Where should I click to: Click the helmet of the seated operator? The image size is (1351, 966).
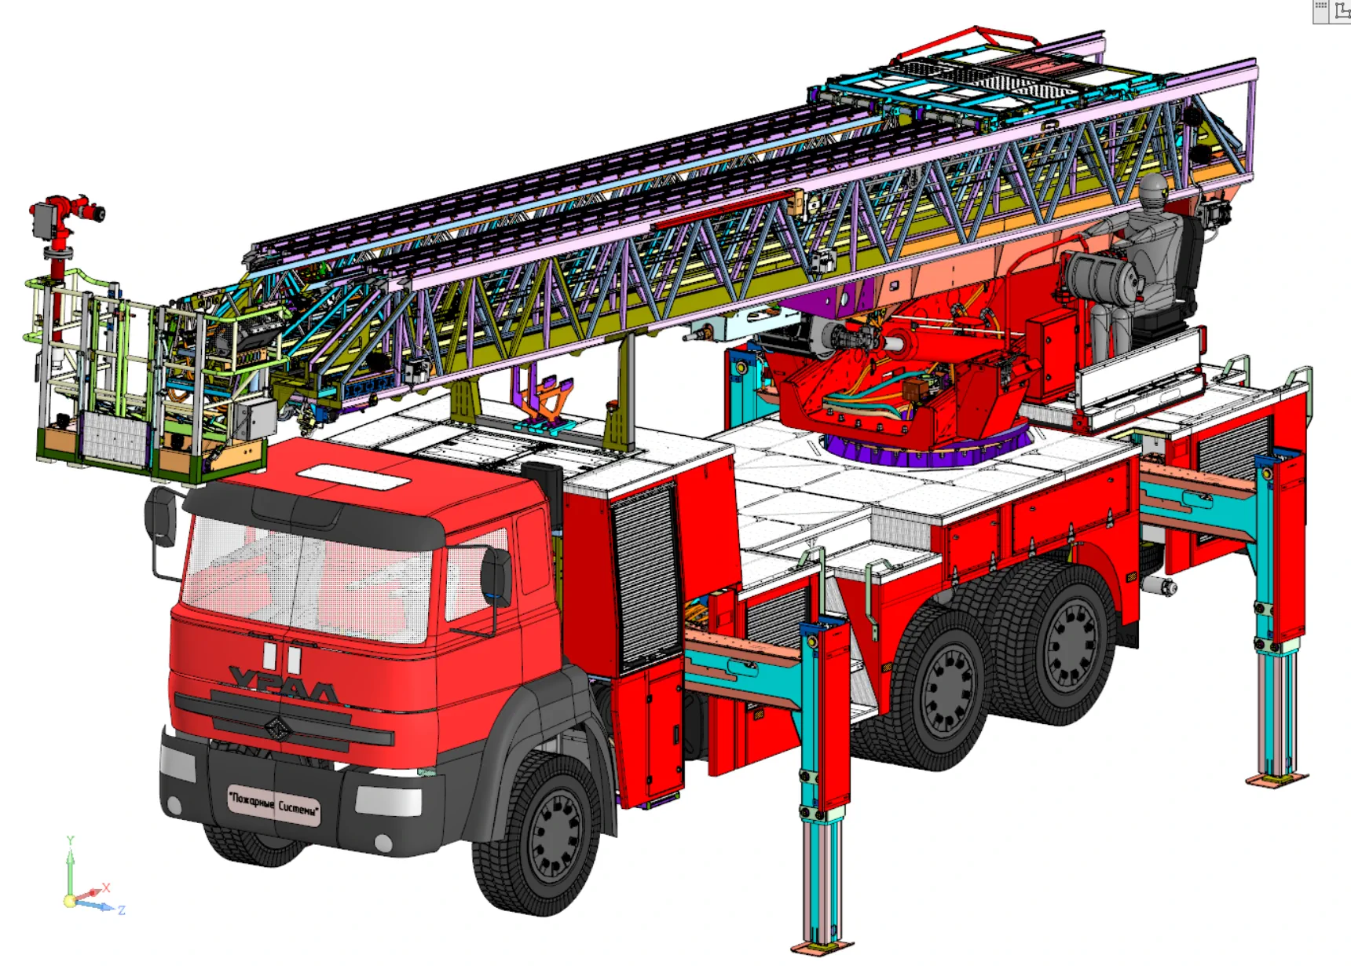1153,189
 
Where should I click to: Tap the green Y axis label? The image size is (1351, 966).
70,840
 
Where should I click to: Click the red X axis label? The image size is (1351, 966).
106,887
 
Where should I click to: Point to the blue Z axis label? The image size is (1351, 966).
122,910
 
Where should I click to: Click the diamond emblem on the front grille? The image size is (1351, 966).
277,729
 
